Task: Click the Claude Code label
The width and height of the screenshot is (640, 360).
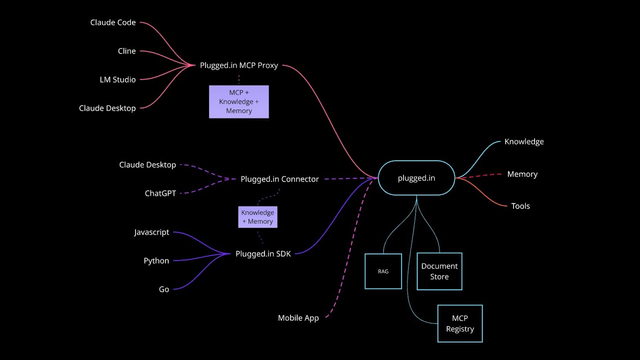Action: [113, 22]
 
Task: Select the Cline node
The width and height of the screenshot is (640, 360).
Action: [126, 51]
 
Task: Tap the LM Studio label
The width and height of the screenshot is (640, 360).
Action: [117, 79]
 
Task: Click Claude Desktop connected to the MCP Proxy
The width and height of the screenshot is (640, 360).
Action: [107, 108]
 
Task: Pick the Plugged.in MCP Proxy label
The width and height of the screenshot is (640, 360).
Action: [238, 65]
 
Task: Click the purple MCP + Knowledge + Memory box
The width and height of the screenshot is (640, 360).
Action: [238, 101]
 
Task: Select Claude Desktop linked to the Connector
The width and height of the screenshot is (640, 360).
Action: [147, 165]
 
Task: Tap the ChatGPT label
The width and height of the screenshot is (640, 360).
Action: [160, 193]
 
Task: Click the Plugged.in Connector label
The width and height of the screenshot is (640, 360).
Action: [279, 179]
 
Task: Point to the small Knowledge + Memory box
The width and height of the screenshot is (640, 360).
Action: [257, 217]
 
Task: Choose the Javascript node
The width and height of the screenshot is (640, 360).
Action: [151, 232]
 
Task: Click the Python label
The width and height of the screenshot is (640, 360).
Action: [156, 261]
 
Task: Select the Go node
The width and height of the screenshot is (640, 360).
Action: [164, 289]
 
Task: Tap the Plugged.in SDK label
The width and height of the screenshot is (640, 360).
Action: [263, 254]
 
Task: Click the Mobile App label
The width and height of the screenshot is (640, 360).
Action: [298, 318]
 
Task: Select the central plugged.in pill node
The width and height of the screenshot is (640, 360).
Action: [416, 178]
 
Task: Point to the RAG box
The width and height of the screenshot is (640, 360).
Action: [383, 271]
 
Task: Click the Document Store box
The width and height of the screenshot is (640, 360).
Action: [439, 271]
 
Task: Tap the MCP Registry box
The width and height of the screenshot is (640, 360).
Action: [460, 323]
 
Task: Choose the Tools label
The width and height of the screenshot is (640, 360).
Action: [520, 206]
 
